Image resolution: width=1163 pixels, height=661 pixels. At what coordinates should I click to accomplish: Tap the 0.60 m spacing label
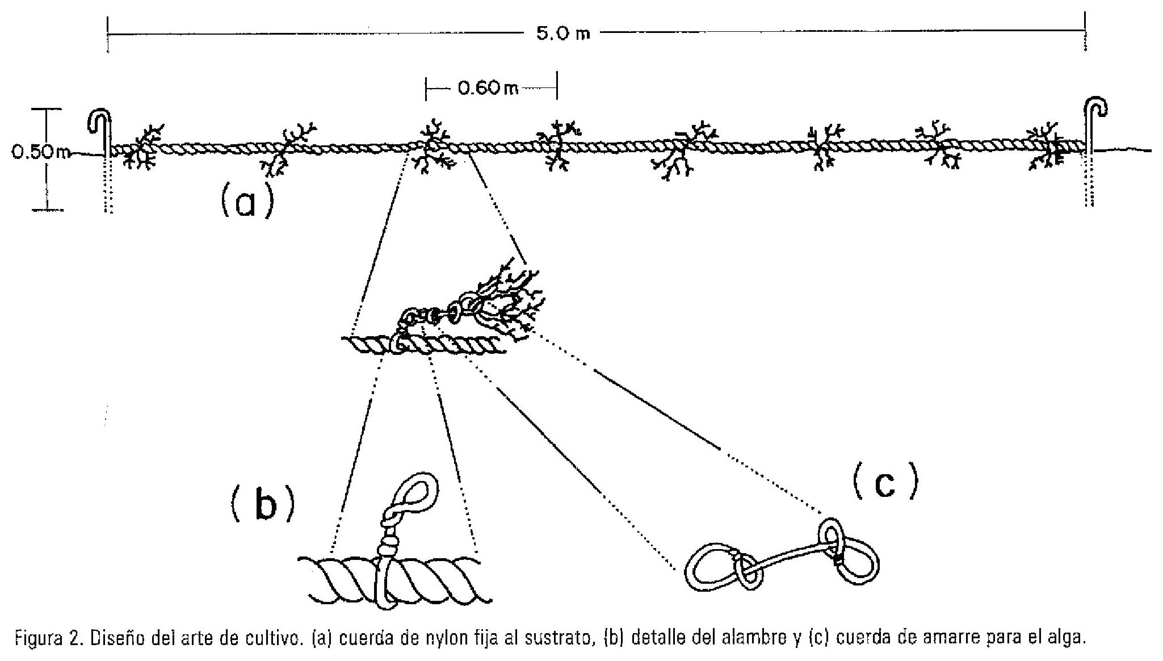pos(488,89)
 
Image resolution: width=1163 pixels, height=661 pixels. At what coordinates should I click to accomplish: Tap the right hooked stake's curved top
pos(1097,110)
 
